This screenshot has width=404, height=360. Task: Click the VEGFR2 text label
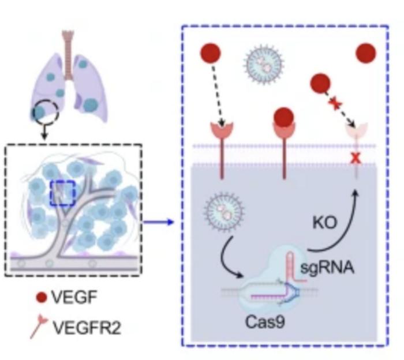pos(85,327)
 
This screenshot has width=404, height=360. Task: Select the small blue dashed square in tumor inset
pos(63,192)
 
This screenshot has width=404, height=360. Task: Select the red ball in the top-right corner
pos(366,53)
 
